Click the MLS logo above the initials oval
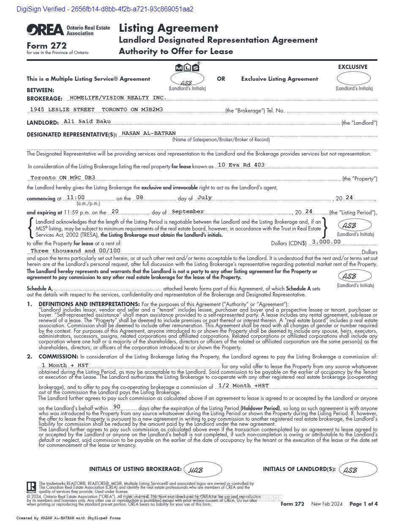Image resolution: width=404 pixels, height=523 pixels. [x=187, y=67]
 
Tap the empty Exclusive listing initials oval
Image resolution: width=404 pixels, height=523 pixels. [x=353, y=79]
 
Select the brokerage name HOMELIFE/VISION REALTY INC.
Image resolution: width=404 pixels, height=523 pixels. [x=117, y=98]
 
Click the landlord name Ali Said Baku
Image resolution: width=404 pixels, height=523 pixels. [x=87, y=121]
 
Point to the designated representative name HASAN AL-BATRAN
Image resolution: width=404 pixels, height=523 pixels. [x=148, y=133]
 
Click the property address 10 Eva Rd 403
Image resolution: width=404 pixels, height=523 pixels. [x=241, y=165]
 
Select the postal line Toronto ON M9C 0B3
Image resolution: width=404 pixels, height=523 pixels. [x=63, y=178]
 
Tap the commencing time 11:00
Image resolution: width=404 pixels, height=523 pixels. [x=76, y=197]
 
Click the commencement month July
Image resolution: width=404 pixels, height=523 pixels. [x=205, y=197]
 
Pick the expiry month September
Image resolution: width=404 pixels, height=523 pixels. [x=188, y=211]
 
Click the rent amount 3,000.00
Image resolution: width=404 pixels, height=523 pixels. [x=326, y=242]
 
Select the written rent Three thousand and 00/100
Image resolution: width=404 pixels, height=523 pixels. [x=76, y=251]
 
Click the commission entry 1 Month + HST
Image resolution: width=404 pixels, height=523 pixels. [x=65, y=365]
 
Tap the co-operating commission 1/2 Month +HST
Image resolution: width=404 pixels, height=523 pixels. [x=243, y=386]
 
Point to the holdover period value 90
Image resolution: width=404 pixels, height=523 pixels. [x=117, y=407]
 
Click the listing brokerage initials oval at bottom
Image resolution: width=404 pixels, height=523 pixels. [x=202, y=469]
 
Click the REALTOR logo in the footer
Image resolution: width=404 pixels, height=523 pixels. [x=31, y=487]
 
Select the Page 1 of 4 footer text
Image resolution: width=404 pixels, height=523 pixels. [x=363, y=504]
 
